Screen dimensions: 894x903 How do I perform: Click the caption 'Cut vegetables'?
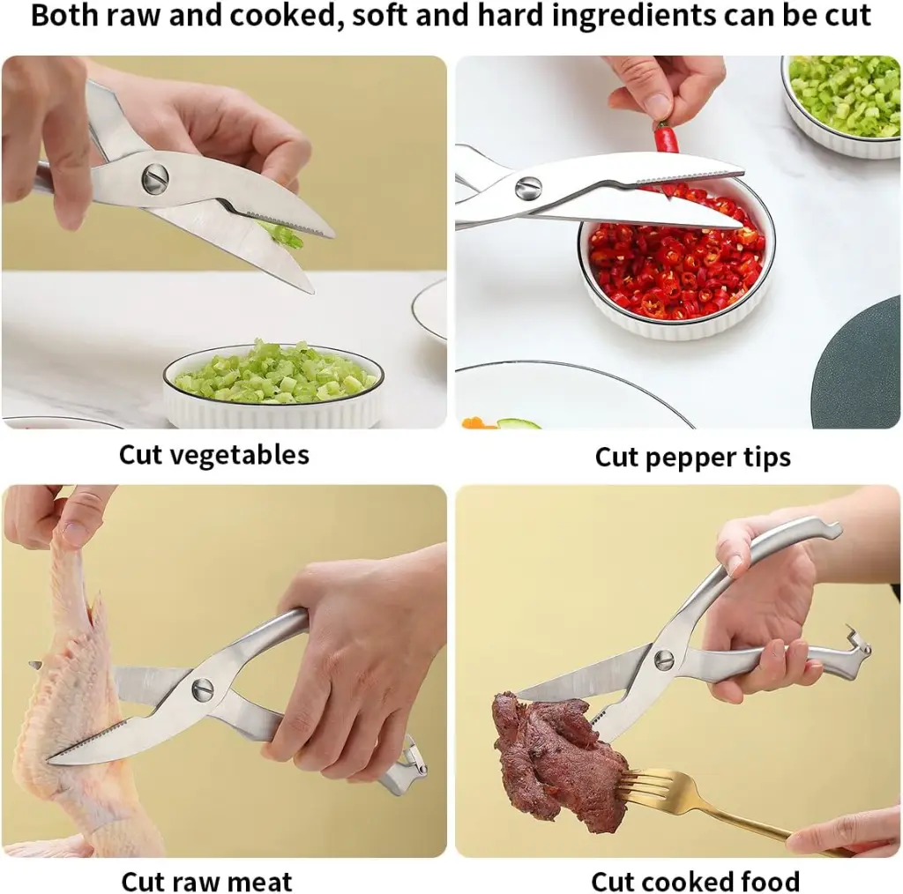coord(213,455)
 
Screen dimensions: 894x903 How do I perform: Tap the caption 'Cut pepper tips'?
coord(692,457)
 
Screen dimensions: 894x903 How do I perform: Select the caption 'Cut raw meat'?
coord(206,881)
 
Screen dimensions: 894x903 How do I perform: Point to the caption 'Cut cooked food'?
coord(695,881)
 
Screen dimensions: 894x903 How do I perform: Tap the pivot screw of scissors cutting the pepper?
coord(527,188)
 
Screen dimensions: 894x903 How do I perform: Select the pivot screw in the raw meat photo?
coord(203,688)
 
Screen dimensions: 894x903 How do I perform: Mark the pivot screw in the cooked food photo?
coord(663,659)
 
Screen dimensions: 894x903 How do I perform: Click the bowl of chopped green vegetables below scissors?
coord(274,384)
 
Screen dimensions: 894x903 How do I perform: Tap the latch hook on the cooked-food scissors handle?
coord(854,644)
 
